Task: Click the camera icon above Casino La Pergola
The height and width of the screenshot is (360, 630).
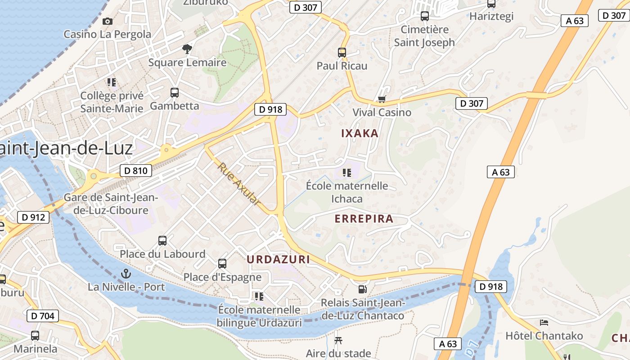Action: coord(107,21)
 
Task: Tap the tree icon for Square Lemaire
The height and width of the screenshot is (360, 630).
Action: coord(187,49)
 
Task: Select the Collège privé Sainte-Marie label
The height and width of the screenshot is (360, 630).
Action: coord(112,102)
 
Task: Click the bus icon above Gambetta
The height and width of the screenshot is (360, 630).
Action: coord(175,93)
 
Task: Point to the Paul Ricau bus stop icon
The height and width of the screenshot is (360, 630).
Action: coord(342,52)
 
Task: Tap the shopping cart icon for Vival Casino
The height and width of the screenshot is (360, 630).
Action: coord(382,99)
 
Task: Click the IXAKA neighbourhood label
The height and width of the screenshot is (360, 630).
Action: coord(360,133)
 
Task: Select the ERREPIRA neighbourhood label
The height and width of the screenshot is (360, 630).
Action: coord(364,219)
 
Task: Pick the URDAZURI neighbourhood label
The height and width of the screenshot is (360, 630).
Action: coord(278,259)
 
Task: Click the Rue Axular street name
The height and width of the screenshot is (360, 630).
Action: coord(239,184)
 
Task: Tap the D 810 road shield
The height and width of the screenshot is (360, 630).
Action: coord(136,171)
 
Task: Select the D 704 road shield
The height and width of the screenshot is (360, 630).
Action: coord(43,316)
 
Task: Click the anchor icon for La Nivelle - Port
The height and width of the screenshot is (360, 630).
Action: coord(126,274)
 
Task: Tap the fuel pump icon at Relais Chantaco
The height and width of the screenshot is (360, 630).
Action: coord(362,289)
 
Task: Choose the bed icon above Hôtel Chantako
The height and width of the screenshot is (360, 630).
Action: coord(544,323)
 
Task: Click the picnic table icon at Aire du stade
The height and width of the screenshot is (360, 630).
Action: coord(338,340)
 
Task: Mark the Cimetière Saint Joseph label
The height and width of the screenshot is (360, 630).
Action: coord(424,36)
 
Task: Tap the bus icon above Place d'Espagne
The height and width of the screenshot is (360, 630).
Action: coord(222,263)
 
